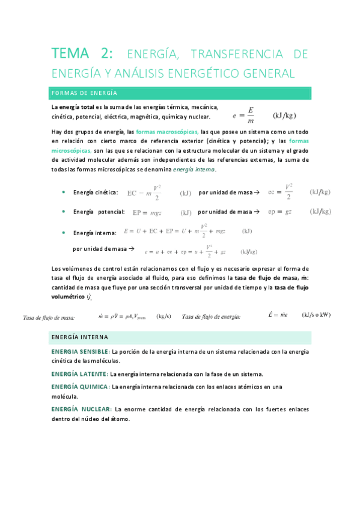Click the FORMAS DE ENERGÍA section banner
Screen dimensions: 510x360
[x=181, y=93]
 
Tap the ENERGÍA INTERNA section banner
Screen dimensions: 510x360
[x=181, y=337]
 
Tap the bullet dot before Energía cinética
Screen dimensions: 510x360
[x=64, y=192]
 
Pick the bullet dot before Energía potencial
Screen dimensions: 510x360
[x=64, y=212]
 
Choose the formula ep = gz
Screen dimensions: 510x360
[x=281, y=212]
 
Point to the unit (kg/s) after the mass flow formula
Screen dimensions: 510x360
[x=163, y=316]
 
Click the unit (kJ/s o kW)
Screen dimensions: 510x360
[x=317, y=315]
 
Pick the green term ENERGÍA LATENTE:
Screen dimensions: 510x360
[x=79, y=374]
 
